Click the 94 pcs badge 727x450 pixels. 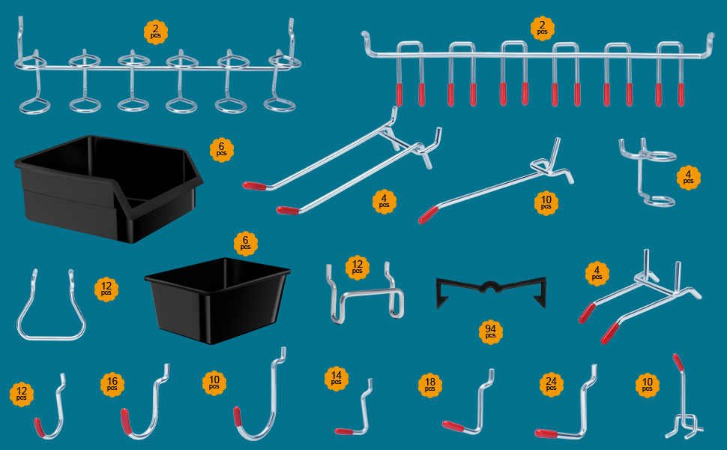tap(490, 331)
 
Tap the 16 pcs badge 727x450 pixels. tap(112, 385)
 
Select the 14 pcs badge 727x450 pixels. tap(336, 378)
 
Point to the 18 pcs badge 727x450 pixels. tap(429, 385)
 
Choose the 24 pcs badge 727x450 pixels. tap(551, 385)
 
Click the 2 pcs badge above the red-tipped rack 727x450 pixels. tap(542, 28)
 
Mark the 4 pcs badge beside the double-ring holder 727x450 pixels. tap(688, 178)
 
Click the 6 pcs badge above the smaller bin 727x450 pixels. tap(244, 243)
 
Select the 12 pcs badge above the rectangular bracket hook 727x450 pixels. tap(358, 266)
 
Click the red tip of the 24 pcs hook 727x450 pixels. tap(545, 433)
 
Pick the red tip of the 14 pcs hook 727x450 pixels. tap(345, 431)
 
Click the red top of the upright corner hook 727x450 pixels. tap(678, 363)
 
